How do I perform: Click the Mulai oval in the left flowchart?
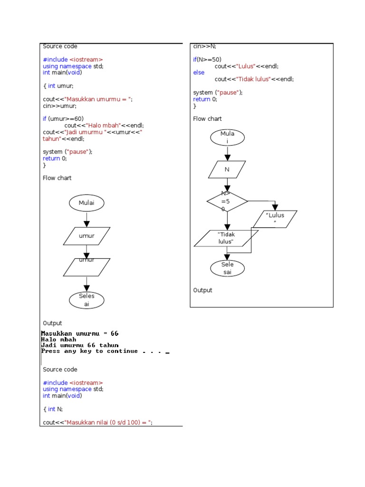(x=86, y=203)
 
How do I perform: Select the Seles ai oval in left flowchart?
(x=86, y=300)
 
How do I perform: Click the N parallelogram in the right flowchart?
(x=227, y=170)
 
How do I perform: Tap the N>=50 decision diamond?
(x=227, y=202)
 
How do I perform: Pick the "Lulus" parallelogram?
(x=275, y=219)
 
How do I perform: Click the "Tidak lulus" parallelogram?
(x=226, y=238)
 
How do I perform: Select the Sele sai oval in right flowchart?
(x=227, y=268)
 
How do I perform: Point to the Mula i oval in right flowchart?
(x=227, y=137)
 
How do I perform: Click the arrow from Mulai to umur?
(x=86, y=219)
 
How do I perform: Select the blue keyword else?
(x=199, y=73)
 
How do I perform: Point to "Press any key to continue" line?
(x=95, y=351)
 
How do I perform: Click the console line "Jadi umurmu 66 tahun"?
(x=80, y=345)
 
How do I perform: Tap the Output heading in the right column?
(x=203, y=290)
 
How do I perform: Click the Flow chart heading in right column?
(x=207, y=119)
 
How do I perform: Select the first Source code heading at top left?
(x=60, y=46)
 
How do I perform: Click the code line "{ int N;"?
(x=53, y=409)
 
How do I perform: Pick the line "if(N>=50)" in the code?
(x=207, y=59)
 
